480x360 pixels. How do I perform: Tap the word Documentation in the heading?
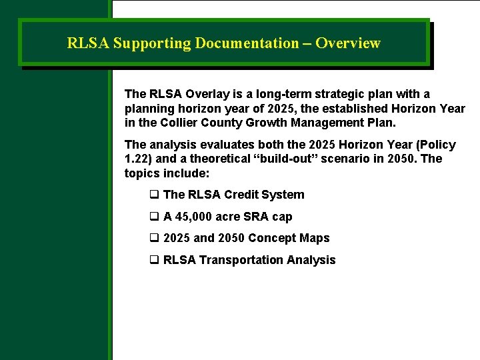(247, 43)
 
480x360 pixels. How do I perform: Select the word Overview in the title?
(347, 43)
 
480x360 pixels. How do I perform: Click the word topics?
(141, 173)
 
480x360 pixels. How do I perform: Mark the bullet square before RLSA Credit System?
(154, 195)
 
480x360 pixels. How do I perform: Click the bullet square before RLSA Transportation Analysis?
(154, 260)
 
